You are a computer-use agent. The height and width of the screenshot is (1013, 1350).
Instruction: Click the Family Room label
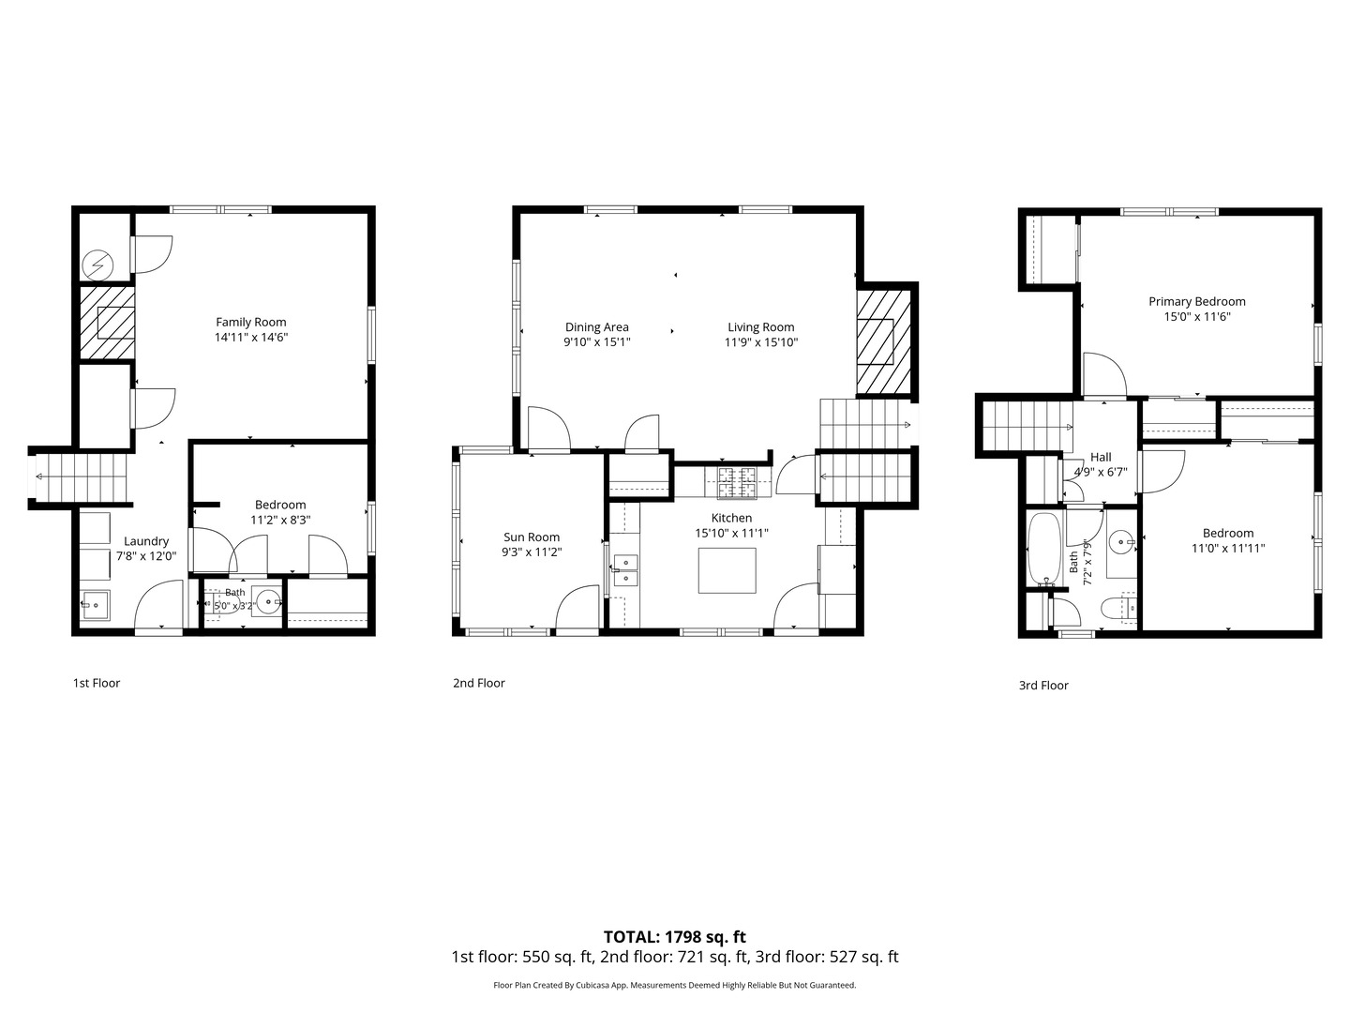[251, 322]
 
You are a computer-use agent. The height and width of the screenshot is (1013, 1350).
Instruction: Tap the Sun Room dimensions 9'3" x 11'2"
[532, 552]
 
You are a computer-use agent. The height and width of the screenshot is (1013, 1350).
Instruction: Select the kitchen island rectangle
[727, 570]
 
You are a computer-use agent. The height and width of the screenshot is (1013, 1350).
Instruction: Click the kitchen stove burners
[737, 482]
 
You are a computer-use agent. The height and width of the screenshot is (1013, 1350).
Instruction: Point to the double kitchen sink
[625, 570]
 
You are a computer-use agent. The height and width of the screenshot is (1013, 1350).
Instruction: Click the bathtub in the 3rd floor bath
[1043, 549]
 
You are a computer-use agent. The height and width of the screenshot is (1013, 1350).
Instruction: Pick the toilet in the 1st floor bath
[224, 605]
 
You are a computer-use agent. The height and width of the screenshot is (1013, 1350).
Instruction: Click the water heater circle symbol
[97, 265]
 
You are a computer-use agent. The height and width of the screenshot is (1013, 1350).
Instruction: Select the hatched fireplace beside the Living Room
[884, 342]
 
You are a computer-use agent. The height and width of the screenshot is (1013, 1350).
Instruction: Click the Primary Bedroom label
[1197, 301]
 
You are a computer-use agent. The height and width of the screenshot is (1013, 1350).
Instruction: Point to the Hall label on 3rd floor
[1101, 457]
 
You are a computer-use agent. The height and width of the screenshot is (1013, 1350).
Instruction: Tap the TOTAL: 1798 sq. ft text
[675, 937]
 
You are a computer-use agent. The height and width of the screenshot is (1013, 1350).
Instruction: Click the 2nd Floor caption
[478, 683]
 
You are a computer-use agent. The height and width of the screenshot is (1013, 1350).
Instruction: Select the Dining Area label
[596, 327]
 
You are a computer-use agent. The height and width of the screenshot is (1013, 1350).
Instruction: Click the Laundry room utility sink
[95, 605]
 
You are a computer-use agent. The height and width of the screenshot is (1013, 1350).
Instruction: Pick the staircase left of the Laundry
[82, 478]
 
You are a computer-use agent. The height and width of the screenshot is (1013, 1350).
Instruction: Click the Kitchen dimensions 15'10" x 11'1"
[732, 534]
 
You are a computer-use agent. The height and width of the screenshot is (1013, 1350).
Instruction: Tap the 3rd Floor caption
[1043, 685]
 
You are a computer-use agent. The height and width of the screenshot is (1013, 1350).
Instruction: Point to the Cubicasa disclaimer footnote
[675, 985]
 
